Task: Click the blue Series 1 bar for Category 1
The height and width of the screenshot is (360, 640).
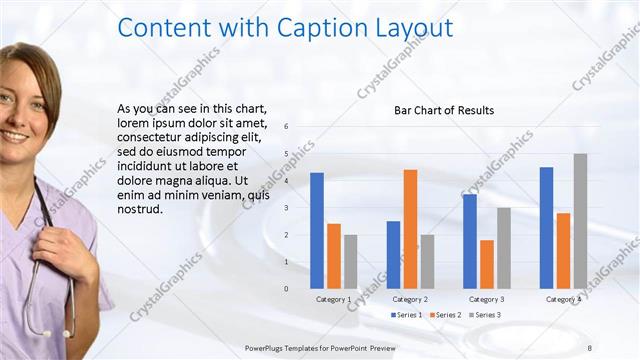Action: click(317, 231)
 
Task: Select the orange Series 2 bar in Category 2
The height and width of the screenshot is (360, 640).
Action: click(410, 229)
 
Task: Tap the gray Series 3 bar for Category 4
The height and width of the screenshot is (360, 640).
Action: click(580, 221)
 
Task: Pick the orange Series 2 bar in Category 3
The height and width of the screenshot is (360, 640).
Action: click(487, 264)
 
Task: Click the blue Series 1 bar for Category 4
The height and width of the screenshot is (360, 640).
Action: click(546, 228)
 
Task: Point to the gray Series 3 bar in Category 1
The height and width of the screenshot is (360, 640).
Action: click(350, 262)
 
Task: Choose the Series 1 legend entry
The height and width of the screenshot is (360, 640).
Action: click(406, 315)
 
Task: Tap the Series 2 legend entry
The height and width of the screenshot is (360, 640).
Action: click(445, 315)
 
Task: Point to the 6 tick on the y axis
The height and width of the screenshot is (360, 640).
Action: click(286, 127)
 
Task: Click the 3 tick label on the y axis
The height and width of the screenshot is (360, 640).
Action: click(286, 208)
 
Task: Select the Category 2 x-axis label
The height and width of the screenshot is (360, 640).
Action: click(410, 299)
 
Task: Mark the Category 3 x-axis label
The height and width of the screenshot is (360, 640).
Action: click(487, 299)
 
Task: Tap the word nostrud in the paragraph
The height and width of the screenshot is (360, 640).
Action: click(138, 210)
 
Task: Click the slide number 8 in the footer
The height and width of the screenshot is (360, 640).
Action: click(589, 347)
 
